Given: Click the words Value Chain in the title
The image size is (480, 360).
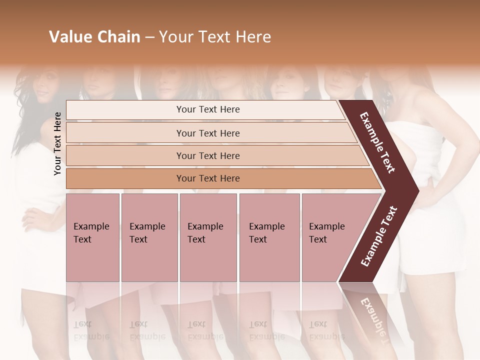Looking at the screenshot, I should (x=94, y=37).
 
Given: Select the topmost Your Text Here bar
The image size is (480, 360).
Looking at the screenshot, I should (x=207, y=109).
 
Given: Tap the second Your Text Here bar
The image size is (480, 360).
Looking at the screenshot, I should (x=207, y=133).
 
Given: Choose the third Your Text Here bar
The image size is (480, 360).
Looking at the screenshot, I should (x=207, y=155).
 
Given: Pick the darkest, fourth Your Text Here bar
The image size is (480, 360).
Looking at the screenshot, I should (x=207, y=178).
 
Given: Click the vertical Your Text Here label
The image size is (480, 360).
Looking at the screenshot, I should (x=57, y=143).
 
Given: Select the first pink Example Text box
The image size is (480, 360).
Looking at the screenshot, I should (x=92, y=237).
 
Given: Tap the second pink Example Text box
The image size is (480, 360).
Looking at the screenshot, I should (x=149, y=237).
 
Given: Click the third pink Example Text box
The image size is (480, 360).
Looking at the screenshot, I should (x=207, y=237).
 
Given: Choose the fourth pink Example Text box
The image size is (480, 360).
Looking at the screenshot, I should (x=269, y=237).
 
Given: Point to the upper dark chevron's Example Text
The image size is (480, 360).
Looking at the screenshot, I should (x=377, y=142).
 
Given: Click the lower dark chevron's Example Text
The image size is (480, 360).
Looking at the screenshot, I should (x=379, y=236).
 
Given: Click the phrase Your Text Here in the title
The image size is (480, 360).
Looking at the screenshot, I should (x=215, y=37).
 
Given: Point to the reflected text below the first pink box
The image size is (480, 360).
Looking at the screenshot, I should (x=91, y=330).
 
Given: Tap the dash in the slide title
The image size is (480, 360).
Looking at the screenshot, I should (x=149, y=37).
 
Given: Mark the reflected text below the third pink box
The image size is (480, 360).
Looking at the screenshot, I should (x=205, y=330).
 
